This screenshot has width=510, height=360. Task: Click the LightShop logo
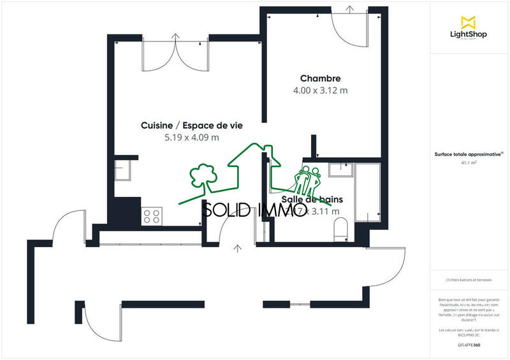point(469,27)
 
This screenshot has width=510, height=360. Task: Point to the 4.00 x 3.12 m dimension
point(320,90)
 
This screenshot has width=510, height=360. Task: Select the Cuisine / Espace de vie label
point(192,126)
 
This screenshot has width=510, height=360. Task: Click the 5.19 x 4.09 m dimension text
point(192,138)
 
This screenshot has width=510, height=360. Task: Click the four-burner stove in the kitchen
point(152,215)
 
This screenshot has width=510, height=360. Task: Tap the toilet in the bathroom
point(340,227)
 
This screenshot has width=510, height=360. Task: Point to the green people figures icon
point(307,182)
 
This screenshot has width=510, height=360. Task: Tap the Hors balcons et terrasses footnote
point(469,280)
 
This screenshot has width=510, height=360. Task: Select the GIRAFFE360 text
point(469,345)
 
